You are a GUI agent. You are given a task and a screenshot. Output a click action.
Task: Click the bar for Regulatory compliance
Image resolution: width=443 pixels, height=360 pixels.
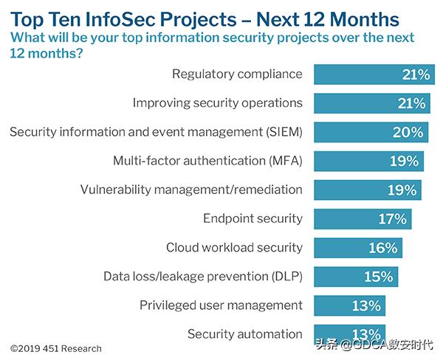(373, 75)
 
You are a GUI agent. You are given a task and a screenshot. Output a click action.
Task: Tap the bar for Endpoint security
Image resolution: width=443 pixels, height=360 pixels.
(363, 219)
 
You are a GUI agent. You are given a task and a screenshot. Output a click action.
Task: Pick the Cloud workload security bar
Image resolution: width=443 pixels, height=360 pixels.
(358, 248)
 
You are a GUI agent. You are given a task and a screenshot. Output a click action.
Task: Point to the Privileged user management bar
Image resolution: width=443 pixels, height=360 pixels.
(349, 305)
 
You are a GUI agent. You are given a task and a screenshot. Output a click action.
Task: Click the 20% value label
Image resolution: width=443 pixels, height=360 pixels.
(408, 133)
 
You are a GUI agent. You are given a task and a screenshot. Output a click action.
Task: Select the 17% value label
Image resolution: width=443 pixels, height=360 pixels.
(391, 219)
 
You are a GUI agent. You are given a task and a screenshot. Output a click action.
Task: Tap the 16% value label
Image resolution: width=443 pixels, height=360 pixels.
(383, 248)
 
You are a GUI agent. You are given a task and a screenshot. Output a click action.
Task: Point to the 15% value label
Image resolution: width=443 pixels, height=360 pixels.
(378, 277)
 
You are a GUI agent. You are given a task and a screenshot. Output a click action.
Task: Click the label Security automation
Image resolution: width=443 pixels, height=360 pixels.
(245, 334)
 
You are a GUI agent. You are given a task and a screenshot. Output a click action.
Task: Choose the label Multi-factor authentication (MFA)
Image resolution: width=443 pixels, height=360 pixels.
(207, 161)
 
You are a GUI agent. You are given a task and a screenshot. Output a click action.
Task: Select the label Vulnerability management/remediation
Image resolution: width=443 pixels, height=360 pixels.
(191, 190)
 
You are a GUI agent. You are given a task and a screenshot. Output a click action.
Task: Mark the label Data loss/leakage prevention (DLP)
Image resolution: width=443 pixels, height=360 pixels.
(203, 277)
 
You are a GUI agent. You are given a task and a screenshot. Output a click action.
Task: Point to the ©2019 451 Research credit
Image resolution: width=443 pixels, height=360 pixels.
(56, 348)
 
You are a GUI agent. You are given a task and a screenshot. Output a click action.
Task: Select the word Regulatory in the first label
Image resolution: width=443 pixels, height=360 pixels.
(204, 74)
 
